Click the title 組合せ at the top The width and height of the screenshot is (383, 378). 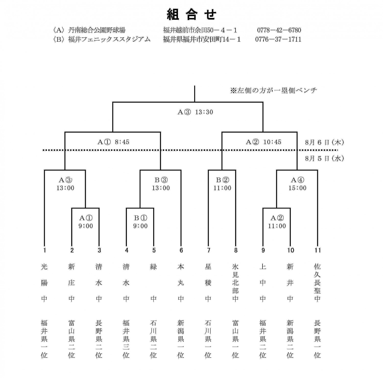click(x=192, y=14)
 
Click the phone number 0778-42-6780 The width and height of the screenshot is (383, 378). click(x=279, y=30)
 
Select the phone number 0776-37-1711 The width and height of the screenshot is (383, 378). click(x=278, y=39)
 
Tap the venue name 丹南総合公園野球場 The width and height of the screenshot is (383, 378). click(x=97, y=30)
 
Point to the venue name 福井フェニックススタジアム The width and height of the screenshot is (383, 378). click(x=109, y=39)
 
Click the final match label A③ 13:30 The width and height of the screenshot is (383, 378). click(x=195, y=112)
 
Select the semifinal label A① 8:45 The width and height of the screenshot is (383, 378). click(x=113, y=142)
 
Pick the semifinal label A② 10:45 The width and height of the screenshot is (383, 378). click(x=264, y=142)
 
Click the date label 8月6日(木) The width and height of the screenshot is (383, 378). click(x=325, y=142)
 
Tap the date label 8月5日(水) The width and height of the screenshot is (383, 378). click(x=325, y=158)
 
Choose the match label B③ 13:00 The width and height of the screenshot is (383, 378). click(x=161, y=184)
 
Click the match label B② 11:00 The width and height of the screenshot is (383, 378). click(x=222, y=184)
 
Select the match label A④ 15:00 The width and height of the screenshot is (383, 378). click(x=297, y=184)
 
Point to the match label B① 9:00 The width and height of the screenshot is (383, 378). click(x=140, y=222)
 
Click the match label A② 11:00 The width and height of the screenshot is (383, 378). click(x=277, y=222)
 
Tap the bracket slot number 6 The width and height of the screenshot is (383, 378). click(x=181, y=250)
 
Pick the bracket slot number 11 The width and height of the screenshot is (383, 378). click(x=317, y=250)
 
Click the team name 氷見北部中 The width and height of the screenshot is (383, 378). click(x=235, y=283)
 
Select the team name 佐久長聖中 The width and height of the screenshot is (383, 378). click(x=317, y=283)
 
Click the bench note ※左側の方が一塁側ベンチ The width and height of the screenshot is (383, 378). click(x=273, y=90)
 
